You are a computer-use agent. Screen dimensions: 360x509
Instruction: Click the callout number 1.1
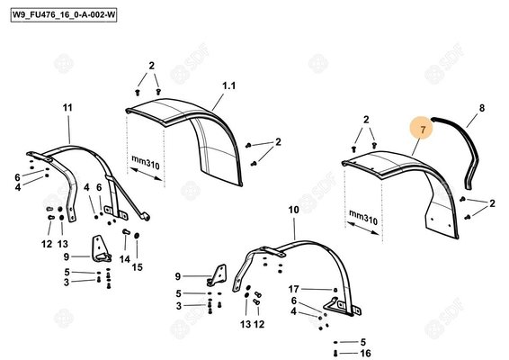[x=228, y=86]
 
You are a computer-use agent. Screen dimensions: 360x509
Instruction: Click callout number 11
[x=67, y=108]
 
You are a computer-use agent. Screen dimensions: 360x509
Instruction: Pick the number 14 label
[x=125, y=257]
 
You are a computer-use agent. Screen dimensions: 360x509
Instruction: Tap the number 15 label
[x=138, y=266]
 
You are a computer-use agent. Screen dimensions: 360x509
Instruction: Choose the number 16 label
[x=365, y=353]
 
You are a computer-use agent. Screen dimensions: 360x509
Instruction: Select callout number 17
[x=293, y=288]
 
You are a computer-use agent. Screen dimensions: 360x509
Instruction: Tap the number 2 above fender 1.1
[x=152, y=66]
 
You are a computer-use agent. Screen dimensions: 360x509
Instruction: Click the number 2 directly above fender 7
[x=366, y=120]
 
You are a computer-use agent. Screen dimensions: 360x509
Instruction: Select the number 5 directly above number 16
[x=363, y=342]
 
